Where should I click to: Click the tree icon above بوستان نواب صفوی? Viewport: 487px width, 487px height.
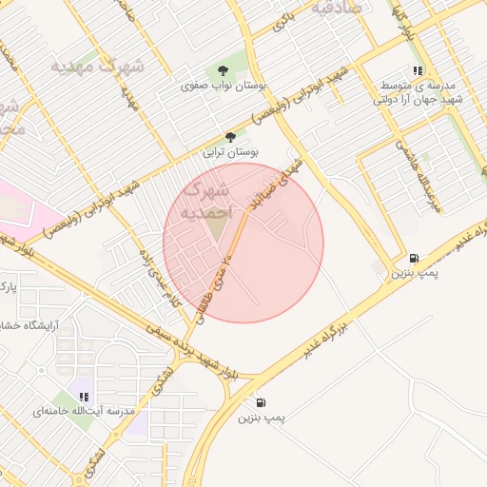223,70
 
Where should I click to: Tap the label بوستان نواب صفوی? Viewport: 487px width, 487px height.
223,86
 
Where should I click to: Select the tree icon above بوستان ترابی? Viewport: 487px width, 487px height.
230,137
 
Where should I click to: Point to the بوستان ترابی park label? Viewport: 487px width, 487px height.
231,151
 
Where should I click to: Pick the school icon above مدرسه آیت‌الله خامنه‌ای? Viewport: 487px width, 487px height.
84,397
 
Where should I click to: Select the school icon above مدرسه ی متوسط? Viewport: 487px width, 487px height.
418,70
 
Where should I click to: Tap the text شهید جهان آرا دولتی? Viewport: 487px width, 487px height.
418,98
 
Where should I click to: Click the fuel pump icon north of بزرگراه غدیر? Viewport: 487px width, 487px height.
413,258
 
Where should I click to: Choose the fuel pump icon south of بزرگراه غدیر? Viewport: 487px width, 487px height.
261,402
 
